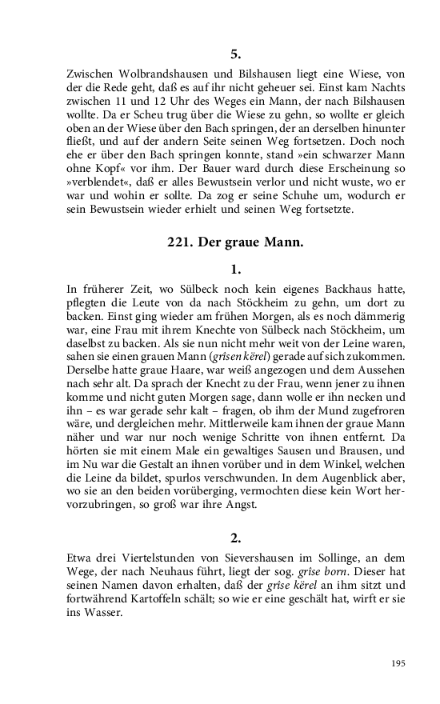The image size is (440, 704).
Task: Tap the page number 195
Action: (399, 663)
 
